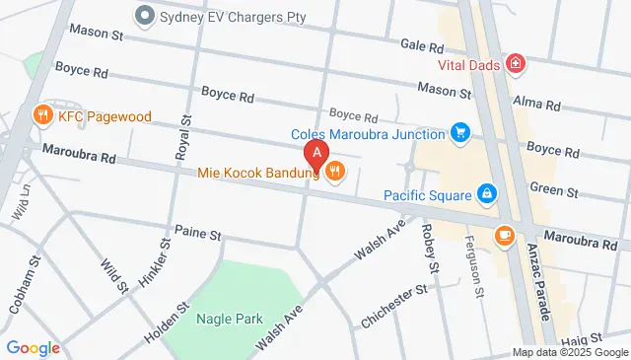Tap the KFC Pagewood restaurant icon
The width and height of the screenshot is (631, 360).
point(41,115)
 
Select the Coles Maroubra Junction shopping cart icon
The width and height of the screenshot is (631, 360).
point(459,132)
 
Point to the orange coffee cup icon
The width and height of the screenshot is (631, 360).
point(505,235)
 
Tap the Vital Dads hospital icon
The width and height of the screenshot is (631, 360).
point(515,64)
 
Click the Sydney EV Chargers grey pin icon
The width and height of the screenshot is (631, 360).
point(146,15)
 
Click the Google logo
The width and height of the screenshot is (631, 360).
point(34,347)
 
